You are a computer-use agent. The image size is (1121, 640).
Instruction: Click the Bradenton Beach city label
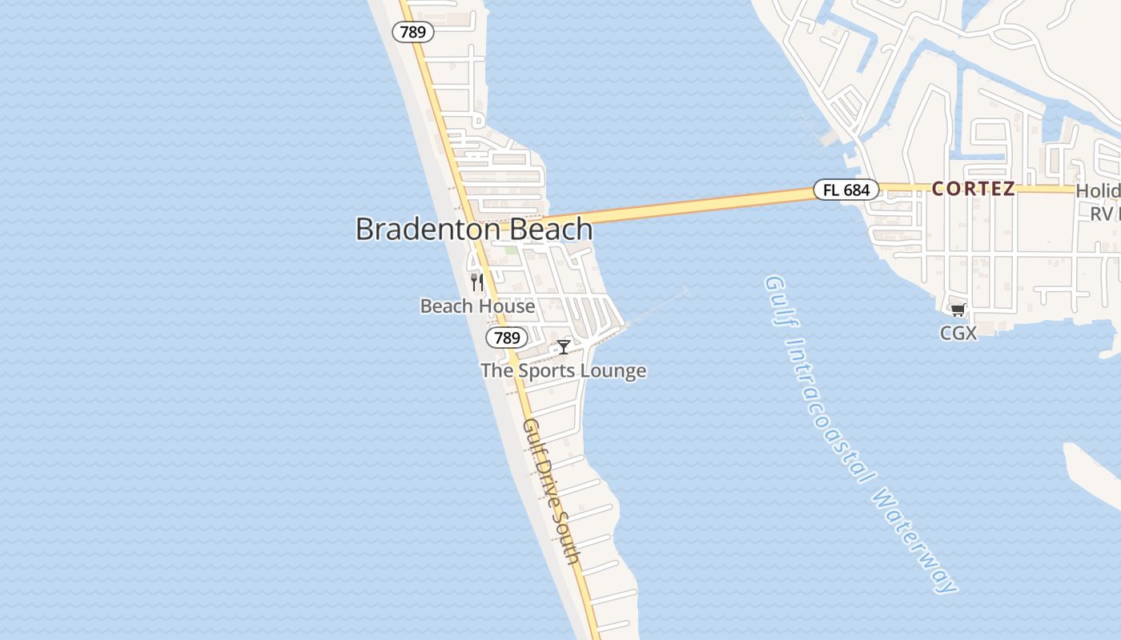[473, 230]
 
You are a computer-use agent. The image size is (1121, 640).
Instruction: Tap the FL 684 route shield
[846, 190]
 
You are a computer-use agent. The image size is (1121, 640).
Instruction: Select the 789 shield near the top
[412, 32]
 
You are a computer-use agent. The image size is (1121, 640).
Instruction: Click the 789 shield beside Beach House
[507, 338]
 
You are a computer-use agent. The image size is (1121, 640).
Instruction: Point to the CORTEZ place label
[973, 189]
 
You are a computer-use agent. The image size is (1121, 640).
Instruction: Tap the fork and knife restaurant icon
[477, 282]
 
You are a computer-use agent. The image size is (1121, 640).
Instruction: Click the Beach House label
[477, 306]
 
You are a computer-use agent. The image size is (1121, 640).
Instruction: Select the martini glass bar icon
[564, 346]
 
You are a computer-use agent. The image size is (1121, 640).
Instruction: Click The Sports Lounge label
[563, 371]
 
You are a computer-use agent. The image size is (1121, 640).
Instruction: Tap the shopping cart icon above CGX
[958, 310]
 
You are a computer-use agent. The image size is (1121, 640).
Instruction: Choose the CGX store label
[958, 333]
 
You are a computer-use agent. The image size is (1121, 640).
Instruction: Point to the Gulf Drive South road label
[551, 491]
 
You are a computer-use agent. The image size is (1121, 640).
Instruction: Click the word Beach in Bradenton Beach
[544, 230]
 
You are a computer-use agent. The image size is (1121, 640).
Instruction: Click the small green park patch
[511, 250]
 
